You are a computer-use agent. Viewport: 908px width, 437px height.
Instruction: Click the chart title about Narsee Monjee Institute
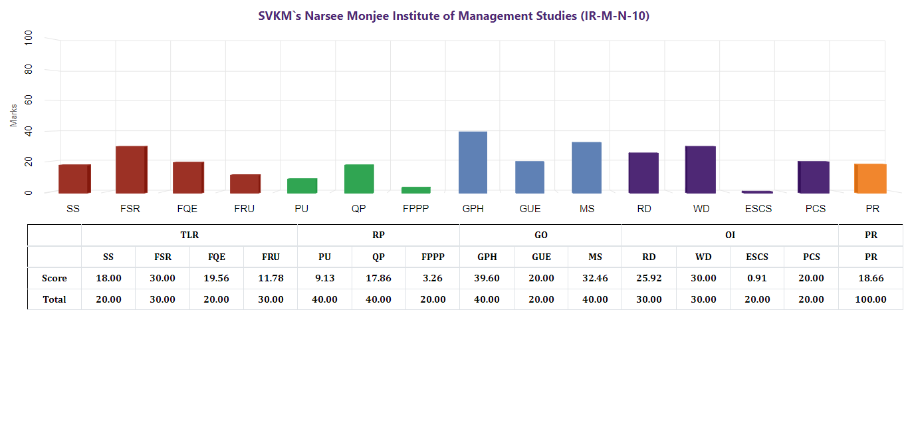[x=454, y=16]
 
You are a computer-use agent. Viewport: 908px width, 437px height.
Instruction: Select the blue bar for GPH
[x=473, y=162]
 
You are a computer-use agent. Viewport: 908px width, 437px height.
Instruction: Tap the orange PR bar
[x=870, y=178]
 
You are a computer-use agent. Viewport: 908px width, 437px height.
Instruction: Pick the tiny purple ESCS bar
[x=757, y=192]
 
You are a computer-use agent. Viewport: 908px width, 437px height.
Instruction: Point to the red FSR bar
[x=130, y=170]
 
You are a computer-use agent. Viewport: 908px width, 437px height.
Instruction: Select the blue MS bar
[x=586, y=168]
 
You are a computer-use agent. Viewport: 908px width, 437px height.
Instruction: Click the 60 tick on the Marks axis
[x=28, y=100]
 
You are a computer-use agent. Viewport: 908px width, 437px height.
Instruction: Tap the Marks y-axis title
[x=13, y=114]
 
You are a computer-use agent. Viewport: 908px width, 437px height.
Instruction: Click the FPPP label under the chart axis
[x=416, y=209]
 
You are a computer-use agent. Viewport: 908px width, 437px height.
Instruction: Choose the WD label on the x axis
[x=701, y=209]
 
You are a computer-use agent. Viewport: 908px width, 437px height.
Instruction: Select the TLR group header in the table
[x=189, y=235]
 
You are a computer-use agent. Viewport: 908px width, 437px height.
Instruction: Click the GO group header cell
[x=541, y=235]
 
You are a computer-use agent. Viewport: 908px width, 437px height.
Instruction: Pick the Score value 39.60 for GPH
[x=487, y=278]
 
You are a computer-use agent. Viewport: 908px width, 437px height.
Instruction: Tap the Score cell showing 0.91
[x=756, y=278]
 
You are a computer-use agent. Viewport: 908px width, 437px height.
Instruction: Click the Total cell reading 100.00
[x=871, y=299]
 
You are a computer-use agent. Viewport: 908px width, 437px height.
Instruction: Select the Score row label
[x=55, y=278]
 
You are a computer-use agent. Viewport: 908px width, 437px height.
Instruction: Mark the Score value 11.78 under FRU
[x=271, y=278]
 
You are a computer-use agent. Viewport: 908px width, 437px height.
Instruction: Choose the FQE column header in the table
[x=217, y=257]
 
